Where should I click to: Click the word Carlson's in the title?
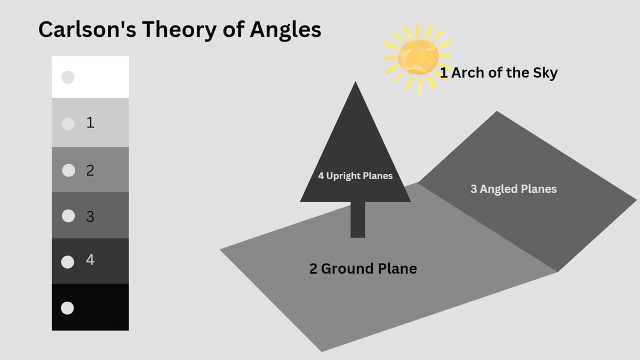(87, 29)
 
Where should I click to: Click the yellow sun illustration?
(418, 58)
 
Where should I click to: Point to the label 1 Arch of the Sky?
(499, 73)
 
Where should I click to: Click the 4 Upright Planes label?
(355, 175)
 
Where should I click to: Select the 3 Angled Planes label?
(514, 189)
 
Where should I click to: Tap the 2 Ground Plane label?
(363, 269)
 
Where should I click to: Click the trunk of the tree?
(358, 220)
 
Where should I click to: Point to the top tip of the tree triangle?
(355, 82)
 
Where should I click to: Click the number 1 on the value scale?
(90, 122)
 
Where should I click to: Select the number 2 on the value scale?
(90, 170)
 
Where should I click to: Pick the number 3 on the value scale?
(90, 217)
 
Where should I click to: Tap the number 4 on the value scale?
(90, 260)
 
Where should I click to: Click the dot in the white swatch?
(68, 77)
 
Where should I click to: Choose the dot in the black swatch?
(67, 308)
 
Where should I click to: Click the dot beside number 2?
(69, 170)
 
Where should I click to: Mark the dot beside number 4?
(68, 262)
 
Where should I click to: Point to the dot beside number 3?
(68, 215)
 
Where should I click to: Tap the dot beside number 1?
(68, 124)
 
